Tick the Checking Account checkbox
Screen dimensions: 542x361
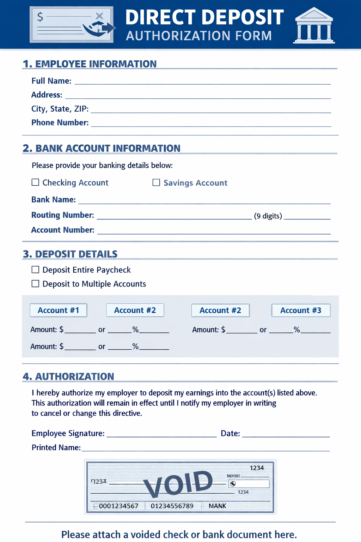pos(35,182)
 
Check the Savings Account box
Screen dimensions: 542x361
pos(156,182)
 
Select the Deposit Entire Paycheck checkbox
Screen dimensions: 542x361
pos(35,270)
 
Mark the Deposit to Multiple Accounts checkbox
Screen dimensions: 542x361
pos(35,284)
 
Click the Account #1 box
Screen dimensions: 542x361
pos(58,310)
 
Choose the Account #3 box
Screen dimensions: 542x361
pos(301,310)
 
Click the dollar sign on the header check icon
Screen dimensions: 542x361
pos(40,17)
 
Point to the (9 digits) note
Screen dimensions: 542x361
pos(268,216)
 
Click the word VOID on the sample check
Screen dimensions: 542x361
pos(178,483)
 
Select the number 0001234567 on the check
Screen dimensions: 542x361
pos(118,506)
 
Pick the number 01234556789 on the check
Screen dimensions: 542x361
pos(172,506)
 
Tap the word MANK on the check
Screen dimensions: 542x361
pos(217,506)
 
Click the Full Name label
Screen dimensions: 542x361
pos(51,81)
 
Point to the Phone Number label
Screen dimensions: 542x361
pos(60,122)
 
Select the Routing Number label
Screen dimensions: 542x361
pos(63,215)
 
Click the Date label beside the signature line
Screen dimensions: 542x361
pos(230,433)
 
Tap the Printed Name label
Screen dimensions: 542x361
pos(56,447)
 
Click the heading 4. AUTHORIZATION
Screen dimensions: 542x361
pos(68,377)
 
